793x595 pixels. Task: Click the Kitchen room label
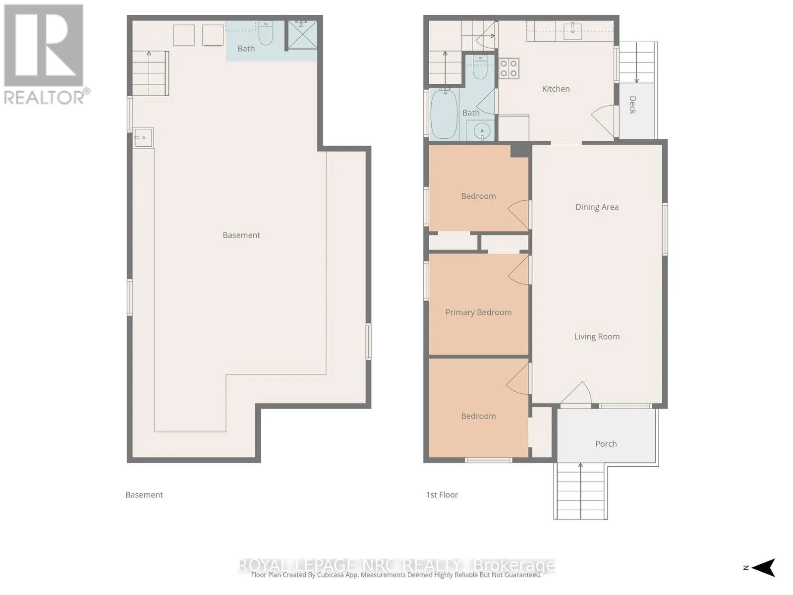pyautogui.click(x=555, y=89)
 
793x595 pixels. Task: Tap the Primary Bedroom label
pyautogui.click(x=478, y=312)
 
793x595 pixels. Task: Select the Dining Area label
pyautogui.click(x=596, y=207)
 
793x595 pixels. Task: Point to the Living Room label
pyautogui.click(x=596, y=337)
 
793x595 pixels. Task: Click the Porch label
pyautogui.click(x=606, y=444)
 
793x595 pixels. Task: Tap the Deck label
pyautogui.click(x=632, y=105)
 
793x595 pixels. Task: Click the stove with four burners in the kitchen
pyautogui.click(x=509, y=68)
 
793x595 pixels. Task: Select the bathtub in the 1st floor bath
pyautogui.click(x=445, y=114)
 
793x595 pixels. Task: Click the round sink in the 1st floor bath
pyautogui.click(x=482, y=130)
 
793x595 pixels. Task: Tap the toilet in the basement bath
pyautogui.click(x=266, y=33)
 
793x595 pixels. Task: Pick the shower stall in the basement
pyautogui.click(x=302, y=35)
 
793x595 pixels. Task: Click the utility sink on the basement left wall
pyautogui.click(x=143, y=138)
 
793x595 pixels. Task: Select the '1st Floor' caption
pyautogui.click(x=442, y=495)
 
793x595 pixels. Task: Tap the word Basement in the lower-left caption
pyautogui.click(x=144, y=495)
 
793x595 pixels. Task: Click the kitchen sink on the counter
pyautogui.click(x=573, y=28)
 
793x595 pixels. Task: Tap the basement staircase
pyautogui.click(x=150, y=73)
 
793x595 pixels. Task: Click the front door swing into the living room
pyautogui.click(x=576, y=393)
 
